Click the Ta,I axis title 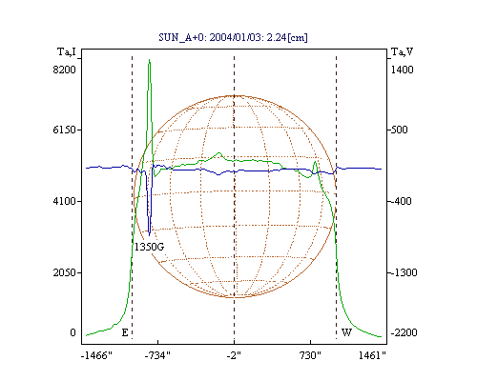[x=67, y=51]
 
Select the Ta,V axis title [x=402, y=51]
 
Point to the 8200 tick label [x=64, y=70]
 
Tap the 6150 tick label [x=64, y=130]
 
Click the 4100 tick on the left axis [x=64, y=201]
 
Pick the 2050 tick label [x=64, y=272]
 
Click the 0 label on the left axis [x=73, y=332]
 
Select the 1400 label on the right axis [x=402, y=70]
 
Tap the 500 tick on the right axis [x=399, y=130]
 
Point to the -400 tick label [x=401, y=201]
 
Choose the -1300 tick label [x=404, y=272]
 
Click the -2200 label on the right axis [x=404, y=332]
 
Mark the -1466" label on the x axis [x=96, y=355]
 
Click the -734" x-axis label [x=157, y=355]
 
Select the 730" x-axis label [x=310, y=355]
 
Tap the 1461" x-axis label [x=372, y=355]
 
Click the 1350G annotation [x=149, y=247]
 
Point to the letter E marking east [x=125, y=332]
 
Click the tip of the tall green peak [x=149, y=59]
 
